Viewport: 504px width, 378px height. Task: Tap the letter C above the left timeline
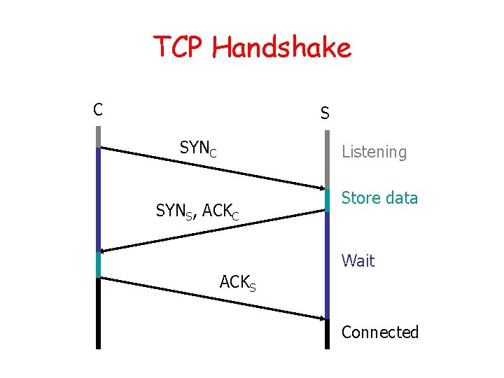pyautogui.click(x=98, y=109)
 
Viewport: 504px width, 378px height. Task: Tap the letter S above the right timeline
pyautogui.click(x=325, y=112)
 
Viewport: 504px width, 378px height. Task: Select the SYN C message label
pyautogui.click(x=197, y=148)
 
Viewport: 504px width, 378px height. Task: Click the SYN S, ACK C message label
pyautogui.click(x=197, y=211)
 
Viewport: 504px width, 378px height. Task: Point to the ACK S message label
pyautogui.click(x=237, y=283)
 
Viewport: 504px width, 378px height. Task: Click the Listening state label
pyautogui.click(x=374, y=152)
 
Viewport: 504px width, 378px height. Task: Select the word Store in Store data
pyautogui.click(x=361, y=198)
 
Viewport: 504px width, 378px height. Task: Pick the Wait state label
pyautogui.click(x=358, y=261)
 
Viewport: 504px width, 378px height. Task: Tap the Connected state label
pyautogui.click(x=379, y=332)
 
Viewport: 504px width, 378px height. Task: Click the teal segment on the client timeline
pyautogui.click(x=99, y=265)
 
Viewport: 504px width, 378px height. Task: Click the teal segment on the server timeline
pyautogui.click(x=327, y=199)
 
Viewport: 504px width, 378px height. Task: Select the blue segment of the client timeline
pyautogui.click(x=99, y=199)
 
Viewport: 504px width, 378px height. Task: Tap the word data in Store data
pyautogui.click(x=402, y=198)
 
